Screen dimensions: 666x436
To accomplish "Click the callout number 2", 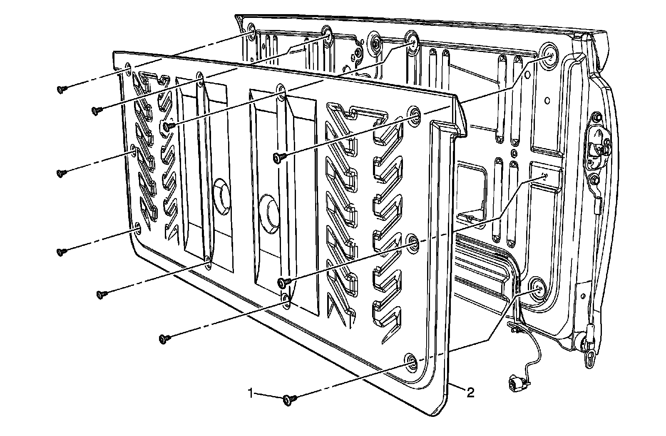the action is pos(470,392).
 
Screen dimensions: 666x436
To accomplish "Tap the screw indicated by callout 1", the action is pos(288,400).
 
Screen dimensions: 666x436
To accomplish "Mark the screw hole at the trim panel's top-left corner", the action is pos(128,68).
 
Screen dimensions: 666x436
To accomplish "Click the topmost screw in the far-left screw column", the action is pos(62,89).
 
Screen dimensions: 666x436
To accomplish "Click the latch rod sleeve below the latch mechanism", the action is pos(596,205).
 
